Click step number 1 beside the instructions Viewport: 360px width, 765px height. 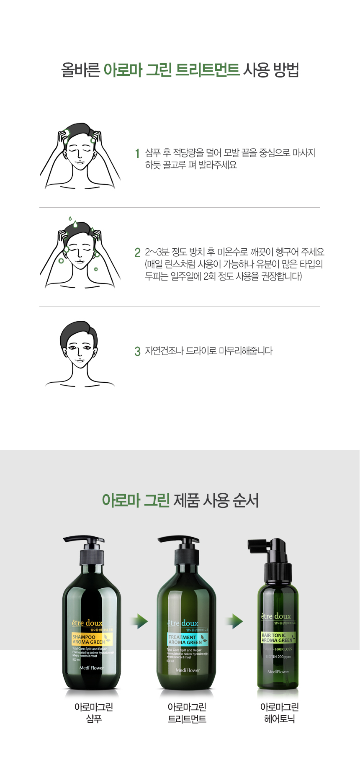point(137,153)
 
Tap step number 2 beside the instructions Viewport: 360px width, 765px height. point(137,252)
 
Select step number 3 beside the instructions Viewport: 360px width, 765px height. point(137,351)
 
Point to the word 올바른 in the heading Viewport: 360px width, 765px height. point(80,70)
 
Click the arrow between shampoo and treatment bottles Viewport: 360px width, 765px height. point(139,621)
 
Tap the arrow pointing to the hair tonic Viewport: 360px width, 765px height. point(234,621)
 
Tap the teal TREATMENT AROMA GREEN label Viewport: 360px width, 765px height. point(187,639)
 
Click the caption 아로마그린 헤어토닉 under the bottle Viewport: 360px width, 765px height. point(279,713)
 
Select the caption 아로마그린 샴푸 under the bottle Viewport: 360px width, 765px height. point(94,713)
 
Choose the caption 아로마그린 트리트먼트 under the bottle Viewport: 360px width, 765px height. point(187,713)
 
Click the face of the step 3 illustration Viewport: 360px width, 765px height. point(80,350)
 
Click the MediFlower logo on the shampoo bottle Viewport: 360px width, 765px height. point(91,668)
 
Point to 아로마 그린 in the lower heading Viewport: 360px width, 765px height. point(136,500)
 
